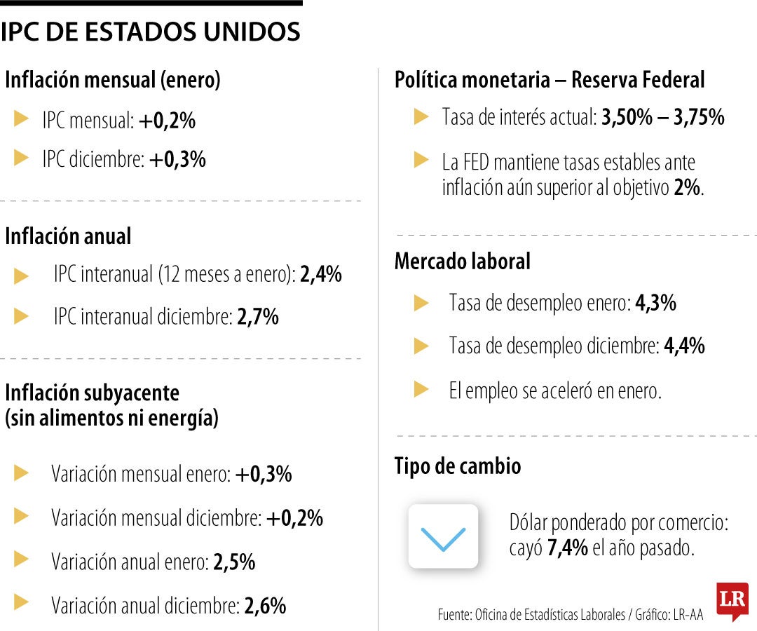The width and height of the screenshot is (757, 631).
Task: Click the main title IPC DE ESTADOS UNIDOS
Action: [151, 32]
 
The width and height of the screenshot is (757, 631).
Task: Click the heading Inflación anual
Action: [68, 236]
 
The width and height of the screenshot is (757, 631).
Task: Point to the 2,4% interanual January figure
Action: [321, 274]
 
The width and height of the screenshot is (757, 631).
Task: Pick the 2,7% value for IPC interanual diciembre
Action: [258, 317]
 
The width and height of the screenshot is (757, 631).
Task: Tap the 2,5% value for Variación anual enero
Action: [234, 562]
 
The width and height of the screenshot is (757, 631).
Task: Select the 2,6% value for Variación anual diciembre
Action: [265, 605]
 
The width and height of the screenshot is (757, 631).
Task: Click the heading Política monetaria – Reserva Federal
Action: [550, 80]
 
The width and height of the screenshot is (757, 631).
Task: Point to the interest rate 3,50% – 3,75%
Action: [662, 117]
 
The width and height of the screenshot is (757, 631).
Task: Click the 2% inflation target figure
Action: [686, 188]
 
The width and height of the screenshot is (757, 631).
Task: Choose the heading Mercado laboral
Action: [463, 262]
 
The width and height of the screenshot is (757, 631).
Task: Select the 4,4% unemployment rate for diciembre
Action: [684, 346]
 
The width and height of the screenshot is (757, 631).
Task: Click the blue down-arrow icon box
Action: [443, 536]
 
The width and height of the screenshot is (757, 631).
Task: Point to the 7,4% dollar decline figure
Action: [568, 548]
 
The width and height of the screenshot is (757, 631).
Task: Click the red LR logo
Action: [732, 600]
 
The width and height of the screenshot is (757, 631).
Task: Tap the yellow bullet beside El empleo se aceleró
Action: [421, 389]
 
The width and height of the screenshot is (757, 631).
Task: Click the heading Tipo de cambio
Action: [458, 466]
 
